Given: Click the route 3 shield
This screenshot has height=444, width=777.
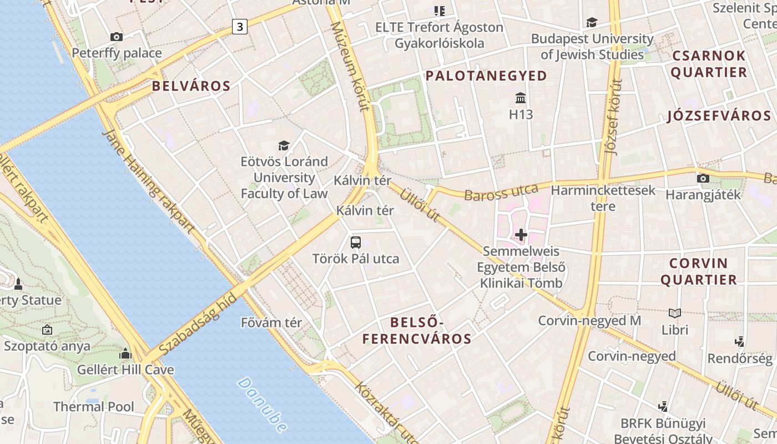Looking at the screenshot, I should pyautogui.click(x=239, y=26).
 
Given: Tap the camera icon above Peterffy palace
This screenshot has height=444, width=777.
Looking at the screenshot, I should pyautogui.click(x=117, y=37).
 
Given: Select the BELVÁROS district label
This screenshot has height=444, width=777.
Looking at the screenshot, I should pyautogui.click(x=191, y=86).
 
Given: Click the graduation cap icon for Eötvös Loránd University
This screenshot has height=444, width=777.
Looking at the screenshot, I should pyautogui.click(x=284, y=145).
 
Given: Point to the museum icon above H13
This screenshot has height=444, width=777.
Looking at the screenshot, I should pyautogui.click(x=521, y=98).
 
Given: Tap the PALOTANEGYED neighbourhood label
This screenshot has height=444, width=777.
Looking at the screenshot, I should pyautogui.click(x=486, y=76).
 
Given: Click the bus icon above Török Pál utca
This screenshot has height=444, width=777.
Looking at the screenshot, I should pyautogui.click(x=356, y=243).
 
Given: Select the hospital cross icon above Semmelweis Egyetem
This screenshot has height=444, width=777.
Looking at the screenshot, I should pyautogui.click(x=521, y=235).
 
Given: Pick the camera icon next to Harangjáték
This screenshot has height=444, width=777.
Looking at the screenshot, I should pyautogui.click(x=703, y=179).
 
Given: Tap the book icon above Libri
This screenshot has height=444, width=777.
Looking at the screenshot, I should pyautogui.click(x=675, y=313).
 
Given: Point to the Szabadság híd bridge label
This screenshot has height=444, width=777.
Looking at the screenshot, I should pyautogui.click(x=198, y=325).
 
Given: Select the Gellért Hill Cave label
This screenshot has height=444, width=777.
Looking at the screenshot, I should pyautogui.click(x=125, y=370).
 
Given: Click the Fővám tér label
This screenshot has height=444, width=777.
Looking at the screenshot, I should pyautogui.click(x=271, y=322).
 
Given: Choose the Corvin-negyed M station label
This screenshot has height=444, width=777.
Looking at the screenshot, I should pyautogui.click(x=589, y=321).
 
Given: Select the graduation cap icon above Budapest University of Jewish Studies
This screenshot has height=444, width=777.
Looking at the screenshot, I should pyautogui.click(x=592, y=23).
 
